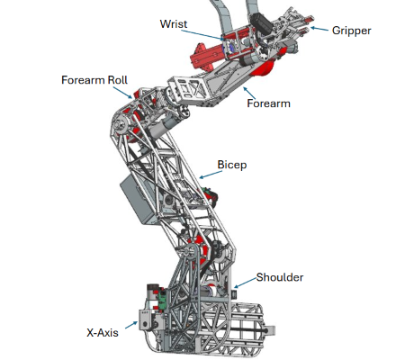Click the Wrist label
click(174, 22)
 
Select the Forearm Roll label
click(94, 79)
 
